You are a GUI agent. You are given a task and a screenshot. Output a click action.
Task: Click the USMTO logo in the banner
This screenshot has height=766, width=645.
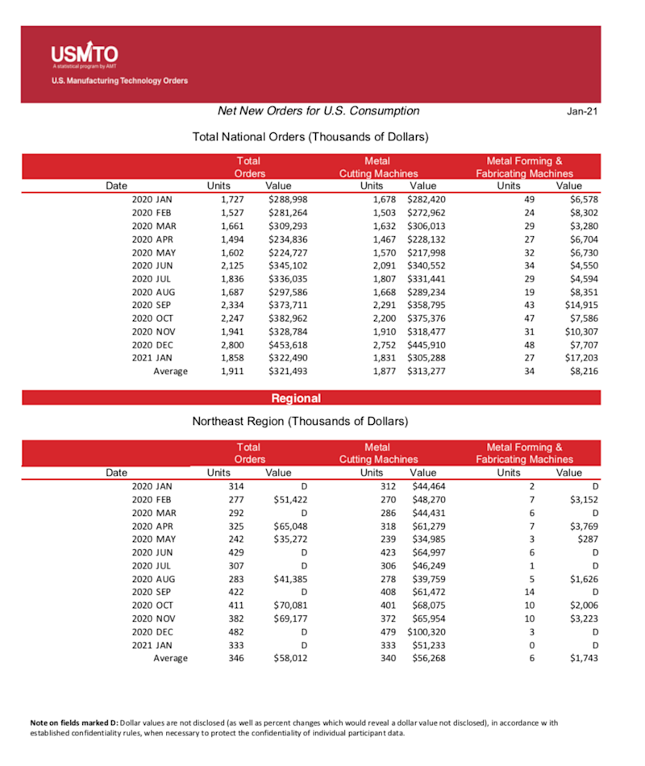tap(84, 56)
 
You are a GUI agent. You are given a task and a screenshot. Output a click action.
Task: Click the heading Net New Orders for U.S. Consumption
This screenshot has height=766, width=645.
tap(318, 110)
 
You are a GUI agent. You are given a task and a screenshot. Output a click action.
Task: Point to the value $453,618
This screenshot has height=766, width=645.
tap(287, 343)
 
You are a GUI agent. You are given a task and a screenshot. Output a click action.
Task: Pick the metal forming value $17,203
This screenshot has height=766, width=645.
tap(580, 357)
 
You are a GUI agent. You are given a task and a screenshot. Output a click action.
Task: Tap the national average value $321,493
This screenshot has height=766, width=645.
tap(287, 371)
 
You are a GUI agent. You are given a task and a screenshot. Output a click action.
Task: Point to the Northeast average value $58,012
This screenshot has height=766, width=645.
tap(290, 658)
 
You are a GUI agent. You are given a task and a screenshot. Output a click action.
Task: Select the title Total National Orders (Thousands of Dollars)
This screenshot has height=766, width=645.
tap(310, 137)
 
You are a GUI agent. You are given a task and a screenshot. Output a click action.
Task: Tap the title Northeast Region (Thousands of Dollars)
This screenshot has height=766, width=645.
tap(300, 421)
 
